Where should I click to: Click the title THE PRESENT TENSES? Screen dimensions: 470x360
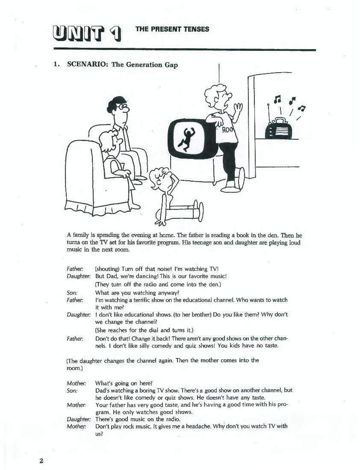pos(172,29)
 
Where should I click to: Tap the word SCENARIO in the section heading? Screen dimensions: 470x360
pos(88,65)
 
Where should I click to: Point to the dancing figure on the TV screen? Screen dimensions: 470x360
pos(186,140)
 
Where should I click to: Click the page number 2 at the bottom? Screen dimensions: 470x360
pos(41,461)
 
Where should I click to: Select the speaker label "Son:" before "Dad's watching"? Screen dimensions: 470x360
pos(72,391)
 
